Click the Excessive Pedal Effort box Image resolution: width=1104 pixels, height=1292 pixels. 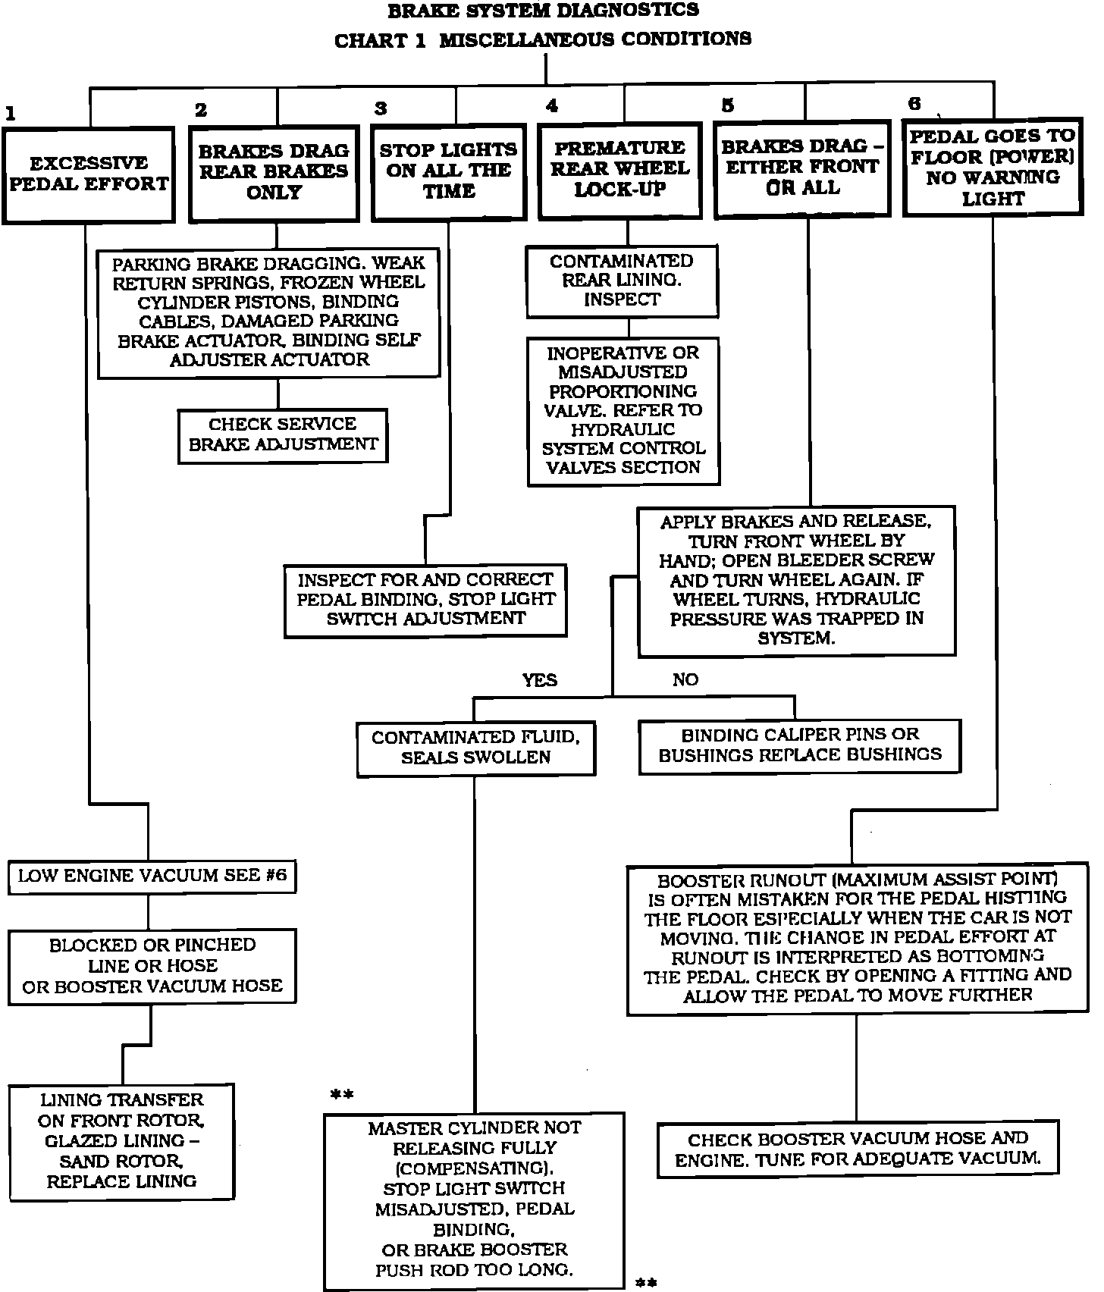[89, 175]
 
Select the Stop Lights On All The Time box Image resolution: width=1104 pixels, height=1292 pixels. [449, 171]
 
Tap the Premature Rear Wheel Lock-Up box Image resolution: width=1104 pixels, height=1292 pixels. [620, 169]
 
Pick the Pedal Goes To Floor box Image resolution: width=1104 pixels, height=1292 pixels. [993, 168]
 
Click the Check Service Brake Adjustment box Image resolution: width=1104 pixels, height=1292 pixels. [283, 434]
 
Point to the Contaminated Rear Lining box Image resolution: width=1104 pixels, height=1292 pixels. [622, 281]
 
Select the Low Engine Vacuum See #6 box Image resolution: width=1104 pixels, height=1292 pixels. [152, 876]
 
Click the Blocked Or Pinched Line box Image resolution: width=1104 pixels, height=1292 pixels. [152, 966]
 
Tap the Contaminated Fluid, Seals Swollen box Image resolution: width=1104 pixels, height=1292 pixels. [475, 748]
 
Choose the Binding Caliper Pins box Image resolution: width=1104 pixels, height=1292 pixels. [799, 745]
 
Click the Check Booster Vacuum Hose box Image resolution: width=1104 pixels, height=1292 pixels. [858, 1149]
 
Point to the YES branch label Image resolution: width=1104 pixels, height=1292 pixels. [539, 680]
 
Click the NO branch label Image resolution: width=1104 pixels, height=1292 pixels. [685, 680]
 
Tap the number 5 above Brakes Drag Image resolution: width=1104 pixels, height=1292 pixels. [728, 105]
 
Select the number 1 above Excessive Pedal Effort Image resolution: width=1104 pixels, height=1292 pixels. [10, 114]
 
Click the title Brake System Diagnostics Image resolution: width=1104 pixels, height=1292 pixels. [543, 11]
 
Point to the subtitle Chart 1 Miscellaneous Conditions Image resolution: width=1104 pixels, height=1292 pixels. [543, 39]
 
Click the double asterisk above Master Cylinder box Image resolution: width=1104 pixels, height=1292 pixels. [342, 1095]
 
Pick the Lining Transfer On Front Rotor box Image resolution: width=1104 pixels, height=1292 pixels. [121, 1140]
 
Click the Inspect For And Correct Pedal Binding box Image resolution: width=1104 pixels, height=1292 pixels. [425, 600]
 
